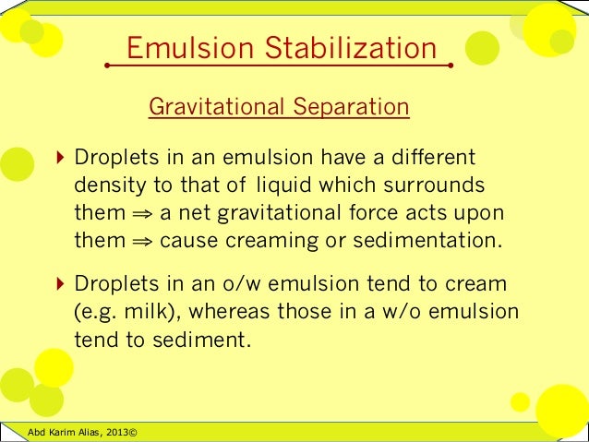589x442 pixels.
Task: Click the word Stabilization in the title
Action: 355,47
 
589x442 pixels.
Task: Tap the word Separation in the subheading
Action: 349,108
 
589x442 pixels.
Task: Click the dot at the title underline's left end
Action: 108,66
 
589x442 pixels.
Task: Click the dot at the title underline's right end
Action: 450,66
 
